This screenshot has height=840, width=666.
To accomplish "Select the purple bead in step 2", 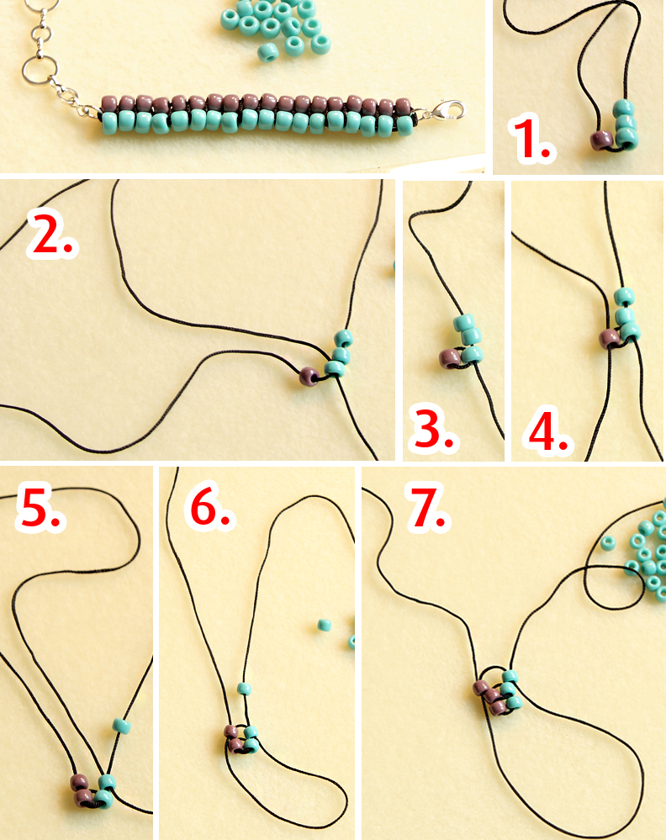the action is [x=309, y=376].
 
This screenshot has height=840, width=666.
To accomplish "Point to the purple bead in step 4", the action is [x=610, y=339].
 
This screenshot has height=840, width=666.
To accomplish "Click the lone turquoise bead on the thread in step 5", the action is [x=122, y=726].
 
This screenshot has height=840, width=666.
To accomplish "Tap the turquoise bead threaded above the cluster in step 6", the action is [x=244, y=689].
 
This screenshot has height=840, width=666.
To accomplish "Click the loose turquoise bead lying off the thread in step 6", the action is [x=324, y=626].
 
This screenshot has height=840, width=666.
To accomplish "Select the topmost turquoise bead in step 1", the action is [x=624, y=108].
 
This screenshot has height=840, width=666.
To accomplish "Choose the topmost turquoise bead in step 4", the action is [x=624, y=296].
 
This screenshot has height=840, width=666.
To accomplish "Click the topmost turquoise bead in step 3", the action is [x=464, y=323].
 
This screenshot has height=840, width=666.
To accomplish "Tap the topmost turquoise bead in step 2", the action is [x=343, y=339].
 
